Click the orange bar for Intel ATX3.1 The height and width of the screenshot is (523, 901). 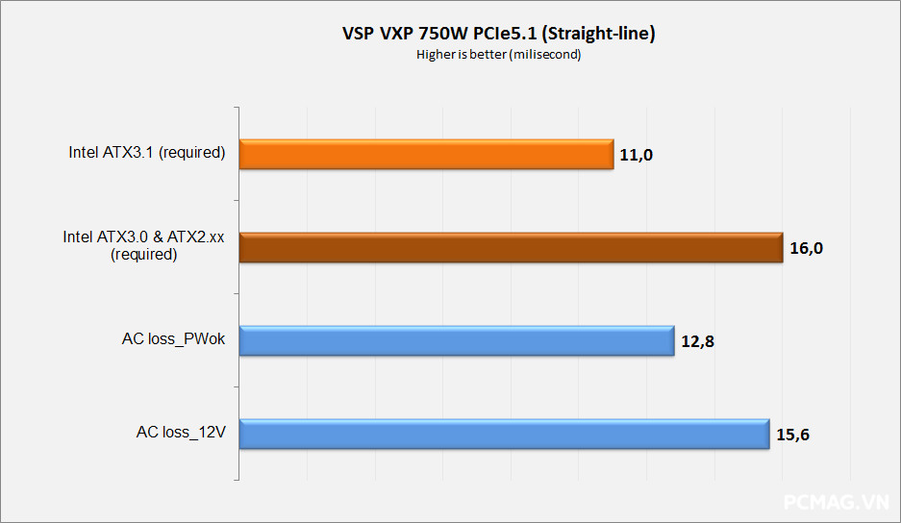pos(426,155)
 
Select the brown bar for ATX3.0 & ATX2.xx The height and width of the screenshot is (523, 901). pos(511,248)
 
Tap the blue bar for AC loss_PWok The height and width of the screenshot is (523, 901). pos(456,340)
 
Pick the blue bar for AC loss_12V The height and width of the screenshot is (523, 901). pos(504,434)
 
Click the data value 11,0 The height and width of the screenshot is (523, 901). pos(637,155)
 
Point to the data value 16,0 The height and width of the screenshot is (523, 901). pos(806,248)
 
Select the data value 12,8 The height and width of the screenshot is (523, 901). pos(697,341)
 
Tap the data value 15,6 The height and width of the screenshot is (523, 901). pos(793,435)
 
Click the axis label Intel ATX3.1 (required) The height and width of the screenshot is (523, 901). pos(146,152)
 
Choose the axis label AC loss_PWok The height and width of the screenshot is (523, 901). pos(173,338)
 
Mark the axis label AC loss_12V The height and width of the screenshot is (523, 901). pos(181,432)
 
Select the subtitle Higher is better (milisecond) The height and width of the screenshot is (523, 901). pos(498,55)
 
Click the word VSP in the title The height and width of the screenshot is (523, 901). pos(359,34)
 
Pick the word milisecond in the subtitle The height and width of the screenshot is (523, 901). pos(549,55)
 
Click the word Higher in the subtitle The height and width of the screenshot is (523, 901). pos(435,55)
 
